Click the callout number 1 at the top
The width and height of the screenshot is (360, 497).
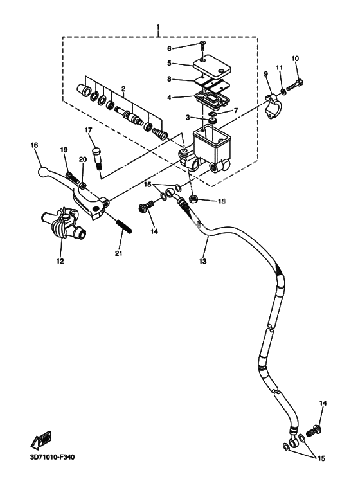(x=158, y=26)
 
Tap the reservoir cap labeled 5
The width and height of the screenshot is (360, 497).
(x=212, y=67)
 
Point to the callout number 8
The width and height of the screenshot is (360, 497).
(x=169, y=78)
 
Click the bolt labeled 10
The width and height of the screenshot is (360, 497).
(x=295, y=85)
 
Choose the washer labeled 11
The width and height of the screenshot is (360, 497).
(x=283, y=92)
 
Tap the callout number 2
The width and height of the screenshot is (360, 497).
(x=123, y=89)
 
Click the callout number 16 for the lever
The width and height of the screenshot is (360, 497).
(x=34, y=145)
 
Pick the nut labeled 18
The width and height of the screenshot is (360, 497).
(x=194, y=199)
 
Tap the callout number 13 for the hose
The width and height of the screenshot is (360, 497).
(x=203, y=261)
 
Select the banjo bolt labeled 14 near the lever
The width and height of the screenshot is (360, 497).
(x=146, y=207)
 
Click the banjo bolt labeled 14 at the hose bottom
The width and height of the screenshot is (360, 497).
(x=314, y=431)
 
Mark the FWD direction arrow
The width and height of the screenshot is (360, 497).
(x=41, y=441)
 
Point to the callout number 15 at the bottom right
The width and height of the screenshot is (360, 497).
(x=321, y=458)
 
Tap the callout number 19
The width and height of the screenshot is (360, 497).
(x=64, y=150)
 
